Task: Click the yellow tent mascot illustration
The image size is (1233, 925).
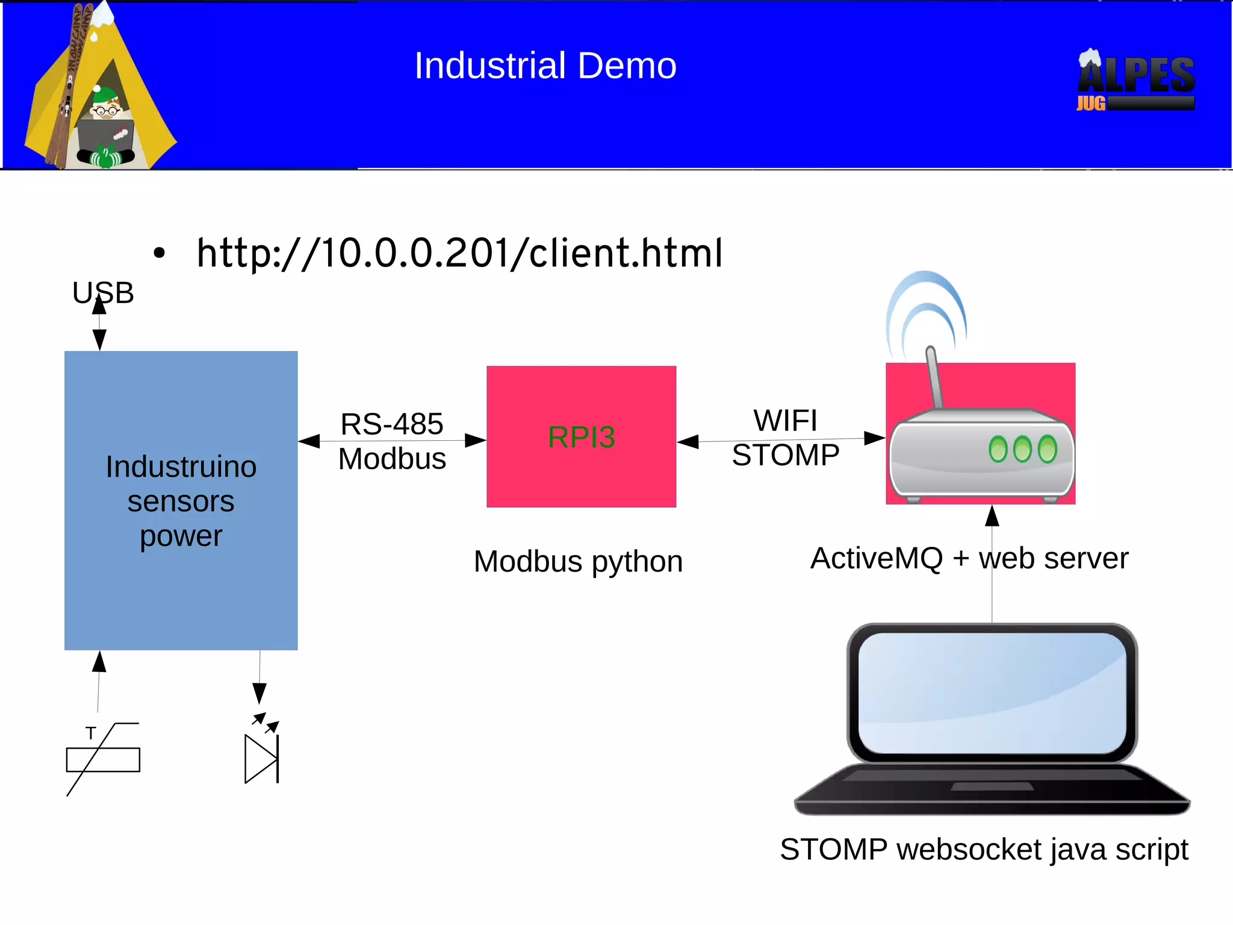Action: coord(99,90)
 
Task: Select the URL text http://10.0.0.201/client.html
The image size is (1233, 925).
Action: coord(459,253)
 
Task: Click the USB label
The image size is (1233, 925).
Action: coord(103,293)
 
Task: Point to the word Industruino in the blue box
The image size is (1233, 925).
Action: coord(181,467)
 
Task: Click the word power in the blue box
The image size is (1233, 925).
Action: coord(181,535)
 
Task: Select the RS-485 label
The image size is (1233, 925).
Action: coord(392,423)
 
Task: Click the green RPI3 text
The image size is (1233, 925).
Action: coord(581,437)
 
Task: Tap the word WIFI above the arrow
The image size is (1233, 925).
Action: coord(785,420)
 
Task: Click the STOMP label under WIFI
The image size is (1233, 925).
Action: coord(785,455)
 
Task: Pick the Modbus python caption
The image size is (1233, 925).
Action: coord(578,561)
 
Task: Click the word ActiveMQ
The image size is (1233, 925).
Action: coord(877,558)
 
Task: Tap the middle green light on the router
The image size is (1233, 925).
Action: coord(1022,449)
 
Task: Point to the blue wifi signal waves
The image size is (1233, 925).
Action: coord(926,307)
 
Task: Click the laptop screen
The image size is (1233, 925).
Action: coord(992,693)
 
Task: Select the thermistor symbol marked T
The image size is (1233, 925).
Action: coord(103,759)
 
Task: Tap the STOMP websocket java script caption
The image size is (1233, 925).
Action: coord(984,849)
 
